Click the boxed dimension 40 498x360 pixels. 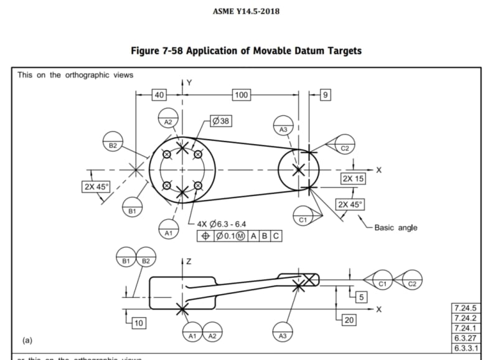point(159,95)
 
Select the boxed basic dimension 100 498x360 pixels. point(241,95)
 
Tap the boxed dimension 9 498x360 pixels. point(325,95)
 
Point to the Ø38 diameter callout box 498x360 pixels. point(221,121)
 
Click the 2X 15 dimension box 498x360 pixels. point(353,179)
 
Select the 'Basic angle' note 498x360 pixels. point(395,227)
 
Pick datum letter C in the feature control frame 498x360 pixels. point(275,236)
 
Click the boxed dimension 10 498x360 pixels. point(139,322)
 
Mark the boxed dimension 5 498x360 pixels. point(360,296)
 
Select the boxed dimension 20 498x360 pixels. point(349,320)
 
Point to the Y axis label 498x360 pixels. point(189,83)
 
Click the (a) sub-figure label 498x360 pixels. point(27,341)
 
